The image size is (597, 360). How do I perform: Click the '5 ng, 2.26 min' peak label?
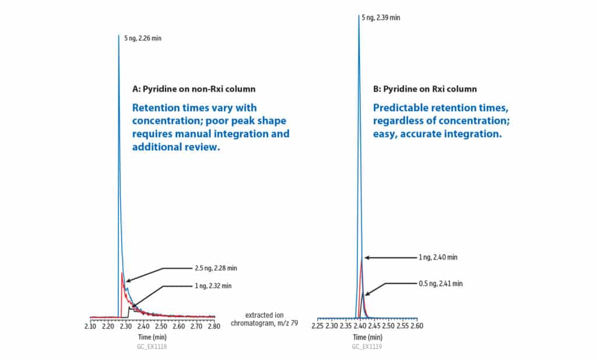(x=143, y=38)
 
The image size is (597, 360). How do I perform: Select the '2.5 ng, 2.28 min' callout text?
(x=215, y=268)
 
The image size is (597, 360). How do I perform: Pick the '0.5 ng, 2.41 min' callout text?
(x=441, y=284)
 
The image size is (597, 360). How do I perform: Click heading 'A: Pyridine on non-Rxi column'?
(x=194, y=89)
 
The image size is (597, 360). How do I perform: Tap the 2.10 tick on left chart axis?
(x=90, y=326)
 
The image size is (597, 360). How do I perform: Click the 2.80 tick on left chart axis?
(x=215, y=326)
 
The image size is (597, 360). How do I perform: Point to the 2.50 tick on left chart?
(x=161, y=326)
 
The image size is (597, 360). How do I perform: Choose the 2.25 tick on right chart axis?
(x=317, y=326)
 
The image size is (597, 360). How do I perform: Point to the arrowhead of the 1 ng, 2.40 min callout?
(x=365, y=257)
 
